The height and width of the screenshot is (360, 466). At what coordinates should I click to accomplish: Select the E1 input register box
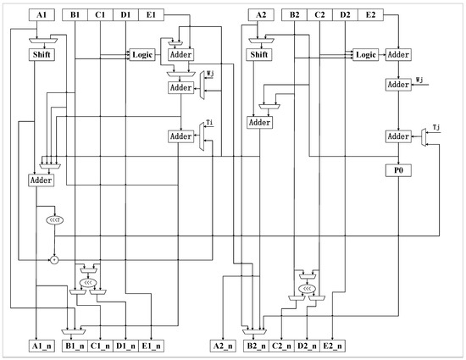pyautogui.click(x=151, y=14)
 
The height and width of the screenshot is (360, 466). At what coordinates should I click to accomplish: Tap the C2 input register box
pyautogui.click(x=320, y=14)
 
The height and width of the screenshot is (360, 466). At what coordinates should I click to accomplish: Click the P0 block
pyautogui.click(x=398, y=169)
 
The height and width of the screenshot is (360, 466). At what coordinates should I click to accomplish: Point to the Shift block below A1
pyautogui.click(x=41, y=55)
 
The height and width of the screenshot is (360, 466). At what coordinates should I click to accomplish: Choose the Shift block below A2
pyautogui.click(x=260, y=55)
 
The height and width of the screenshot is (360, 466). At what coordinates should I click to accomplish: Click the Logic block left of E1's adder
pyautogui.click(x=141, y=55)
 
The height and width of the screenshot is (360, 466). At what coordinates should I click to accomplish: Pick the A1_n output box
pyautogui.click(x=41, y=346)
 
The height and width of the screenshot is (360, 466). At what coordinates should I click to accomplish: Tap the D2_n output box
pyautogui.click(x=306, y=346)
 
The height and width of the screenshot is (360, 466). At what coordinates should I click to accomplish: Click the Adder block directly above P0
pyautogui.click(x=398, y=136)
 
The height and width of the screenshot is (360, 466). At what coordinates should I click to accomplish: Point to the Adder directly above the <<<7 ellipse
pyautogui.click(x=40, y=180)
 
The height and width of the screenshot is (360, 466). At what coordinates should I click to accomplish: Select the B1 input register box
pyautogui.click(x=75, y=14)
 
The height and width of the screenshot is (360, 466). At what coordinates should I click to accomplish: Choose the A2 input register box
pyautogui.click(x=260, y=14)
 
